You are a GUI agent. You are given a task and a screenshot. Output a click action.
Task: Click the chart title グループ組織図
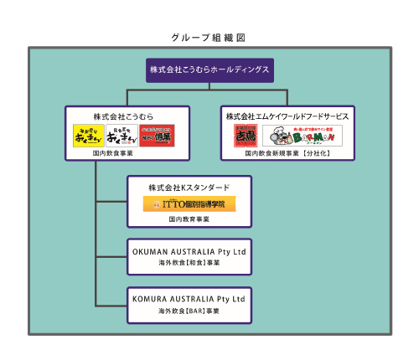tap(209, 38)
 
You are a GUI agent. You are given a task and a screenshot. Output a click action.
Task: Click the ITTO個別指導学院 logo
tap(189, 203)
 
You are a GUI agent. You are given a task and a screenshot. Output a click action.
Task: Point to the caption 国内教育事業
tap(189, 219)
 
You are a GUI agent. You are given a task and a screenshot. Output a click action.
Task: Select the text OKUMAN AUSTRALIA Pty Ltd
tap(189, 251)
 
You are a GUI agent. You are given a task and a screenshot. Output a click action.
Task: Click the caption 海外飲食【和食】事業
tap(189, 263)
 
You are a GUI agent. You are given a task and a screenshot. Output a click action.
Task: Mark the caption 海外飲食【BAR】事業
tap(189, 311)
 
